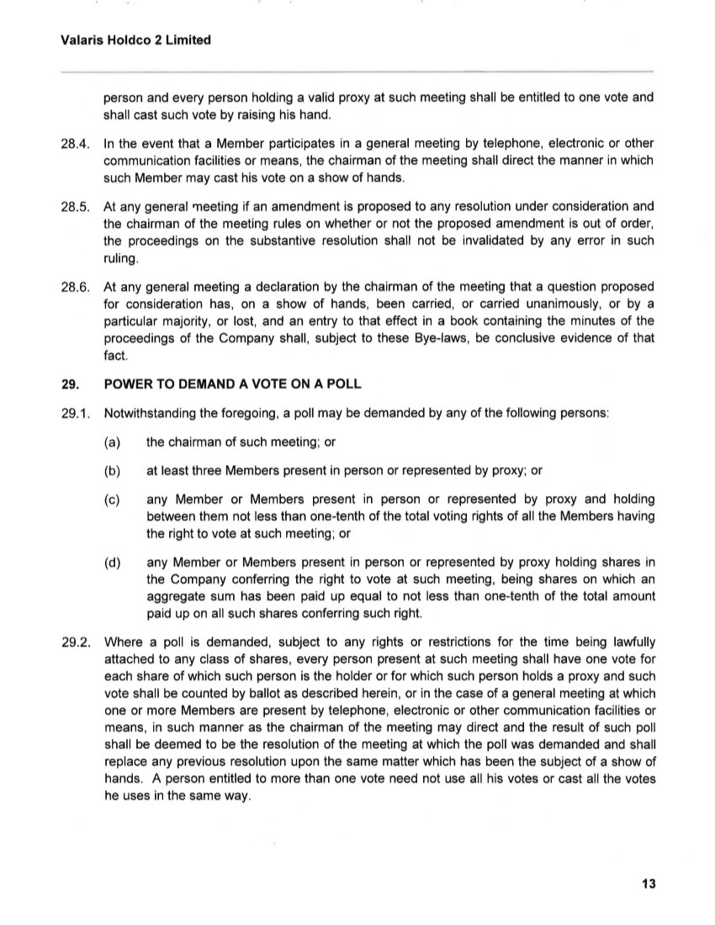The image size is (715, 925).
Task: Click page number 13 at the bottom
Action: coord(648,883)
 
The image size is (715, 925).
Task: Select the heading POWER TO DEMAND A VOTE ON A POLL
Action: coord(232,384)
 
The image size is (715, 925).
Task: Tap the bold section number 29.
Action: coord(69,384)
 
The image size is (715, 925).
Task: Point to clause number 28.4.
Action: coord(75,144)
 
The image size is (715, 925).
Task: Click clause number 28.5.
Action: coord(75,207)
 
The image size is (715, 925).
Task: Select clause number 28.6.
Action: coord(75,287)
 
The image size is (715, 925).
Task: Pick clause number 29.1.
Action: coord(75,414)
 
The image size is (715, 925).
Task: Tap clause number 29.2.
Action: coord(75,643)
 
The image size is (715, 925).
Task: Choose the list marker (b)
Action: coord(112,471)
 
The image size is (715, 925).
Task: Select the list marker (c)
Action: coord(112,499)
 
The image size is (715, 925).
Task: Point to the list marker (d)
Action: coord(112,563)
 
